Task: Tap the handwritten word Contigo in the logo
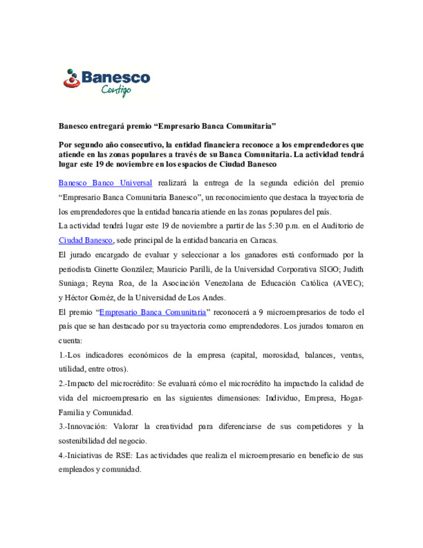tap(116, 91)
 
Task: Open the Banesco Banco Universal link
tap(105, 183)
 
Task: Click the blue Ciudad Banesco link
tap(85, 240)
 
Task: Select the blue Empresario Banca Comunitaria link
tap(152, 312)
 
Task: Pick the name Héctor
tap(76, 298)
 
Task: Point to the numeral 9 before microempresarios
tap(260, 312)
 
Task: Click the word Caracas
tap(263, 240)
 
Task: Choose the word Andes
tap(213, 298)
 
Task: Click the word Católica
tap(314, 283)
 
